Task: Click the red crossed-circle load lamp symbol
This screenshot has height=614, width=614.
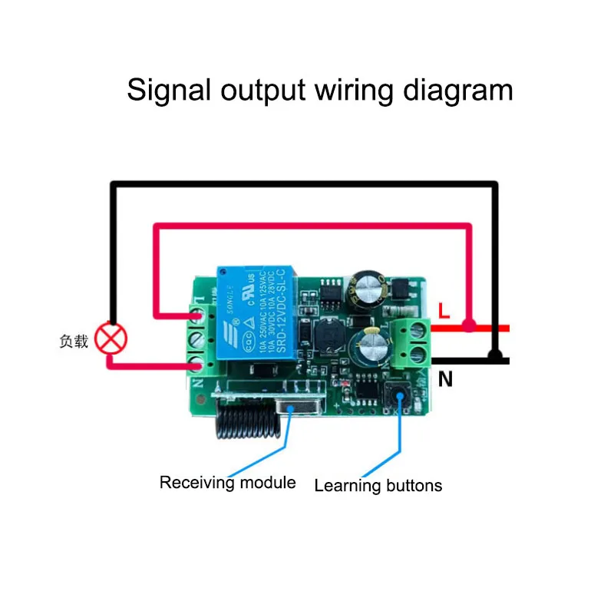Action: (113, 339)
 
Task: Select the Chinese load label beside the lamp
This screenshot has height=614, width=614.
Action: (74, 341)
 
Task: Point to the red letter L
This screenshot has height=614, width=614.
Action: (444, 310)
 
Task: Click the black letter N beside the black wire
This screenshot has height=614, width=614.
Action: (446, 378)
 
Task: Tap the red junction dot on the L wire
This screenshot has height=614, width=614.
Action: (470, 327)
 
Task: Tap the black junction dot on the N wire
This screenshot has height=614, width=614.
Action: (497, 356)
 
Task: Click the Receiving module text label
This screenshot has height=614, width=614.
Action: (227, 483)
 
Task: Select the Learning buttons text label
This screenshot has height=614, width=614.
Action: (378, 485)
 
